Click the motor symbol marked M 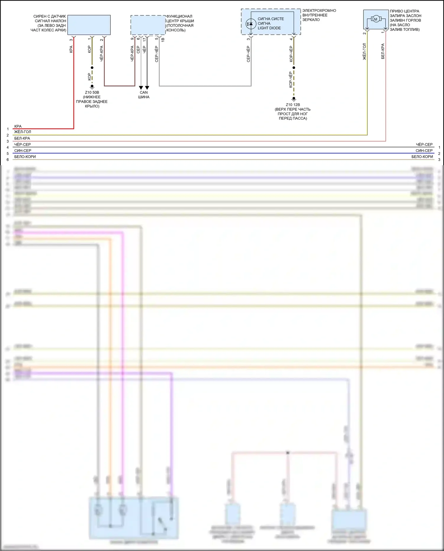click(x=376, y=20)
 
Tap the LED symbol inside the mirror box click(x=251, y=24)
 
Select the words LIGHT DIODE click(x=269, y=28)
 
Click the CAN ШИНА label click(x=144, y=95)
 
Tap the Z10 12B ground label click(x=293, y=105)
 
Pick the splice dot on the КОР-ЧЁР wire click(x=294, y=68)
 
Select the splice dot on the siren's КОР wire click(x=92, y=68)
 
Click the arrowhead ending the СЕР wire click(x=141, y=88)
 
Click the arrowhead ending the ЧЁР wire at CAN click(x=147, y=88)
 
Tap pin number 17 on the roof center click(x=144, y=39)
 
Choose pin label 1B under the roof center click(x=163, y=39)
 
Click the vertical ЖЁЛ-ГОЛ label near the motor click(x=364, y=52)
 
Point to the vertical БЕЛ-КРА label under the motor click(x=383, y=52)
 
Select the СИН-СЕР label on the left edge click(x=23, y=151)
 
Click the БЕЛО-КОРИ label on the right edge click(x=422, y=157)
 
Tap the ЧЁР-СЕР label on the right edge click(x=424, y=144)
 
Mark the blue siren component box click(x=89, y=25)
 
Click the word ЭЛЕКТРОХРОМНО click(x=319, y=11)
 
